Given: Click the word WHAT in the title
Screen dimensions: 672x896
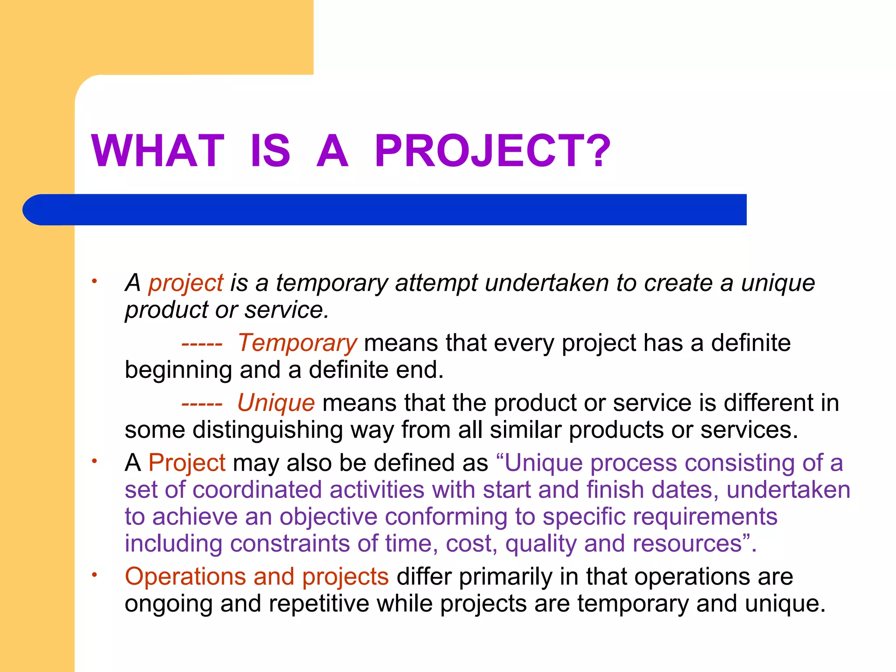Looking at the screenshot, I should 157,150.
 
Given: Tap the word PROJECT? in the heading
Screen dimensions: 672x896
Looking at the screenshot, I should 492,150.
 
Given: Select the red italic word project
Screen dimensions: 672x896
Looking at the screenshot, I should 186,283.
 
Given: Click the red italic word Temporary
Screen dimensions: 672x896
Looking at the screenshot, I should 297,343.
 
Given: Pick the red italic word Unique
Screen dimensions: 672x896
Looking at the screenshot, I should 276,403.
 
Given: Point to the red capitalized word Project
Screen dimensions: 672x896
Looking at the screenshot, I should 187,463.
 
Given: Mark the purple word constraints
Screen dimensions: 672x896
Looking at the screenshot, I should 290,544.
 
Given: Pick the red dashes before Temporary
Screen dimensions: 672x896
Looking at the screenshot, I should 202,344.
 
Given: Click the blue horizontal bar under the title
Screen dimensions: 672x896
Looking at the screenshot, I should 385,210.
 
